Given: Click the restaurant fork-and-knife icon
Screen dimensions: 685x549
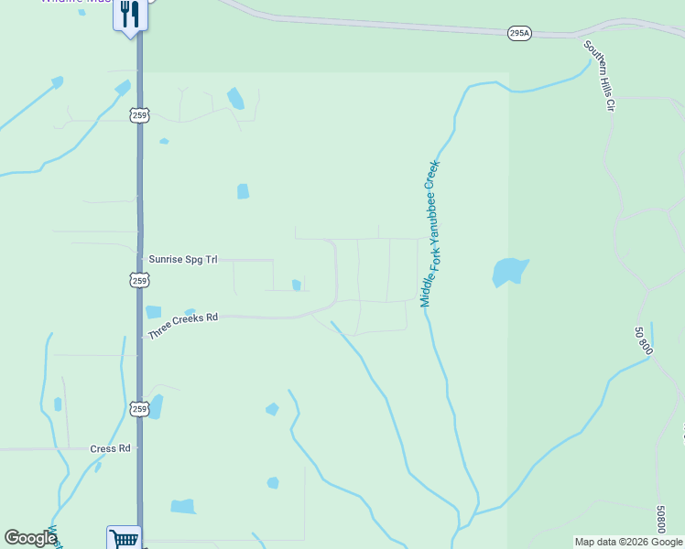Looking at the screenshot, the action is click(130, 14).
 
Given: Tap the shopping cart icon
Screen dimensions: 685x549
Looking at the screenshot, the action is click(125, 539).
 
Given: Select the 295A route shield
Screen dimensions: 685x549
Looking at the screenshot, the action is click(519, 33).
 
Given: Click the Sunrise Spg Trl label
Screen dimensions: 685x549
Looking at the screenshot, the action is click(183, 260).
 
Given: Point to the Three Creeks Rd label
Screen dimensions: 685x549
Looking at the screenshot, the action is click(183, 325).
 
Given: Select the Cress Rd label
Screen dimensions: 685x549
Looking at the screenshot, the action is click(111, 449).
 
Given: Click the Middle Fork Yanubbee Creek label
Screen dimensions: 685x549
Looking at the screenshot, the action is click(430, 233).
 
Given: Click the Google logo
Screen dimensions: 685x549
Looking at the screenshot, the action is click(30, 538).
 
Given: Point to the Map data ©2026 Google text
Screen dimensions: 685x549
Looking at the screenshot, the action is click(628, 542).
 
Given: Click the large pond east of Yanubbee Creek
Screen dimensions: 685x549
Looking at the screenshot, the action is click(508, 272).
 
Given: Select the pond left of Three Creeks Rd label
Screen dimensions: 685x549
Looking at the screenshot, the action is click(153, 312).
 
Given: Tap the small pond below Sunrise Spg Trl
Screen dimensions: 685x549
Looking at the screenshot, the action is click(296, 285).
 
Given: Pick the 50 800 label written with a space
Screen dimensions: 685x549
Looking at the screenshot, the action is click(643, 339).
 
